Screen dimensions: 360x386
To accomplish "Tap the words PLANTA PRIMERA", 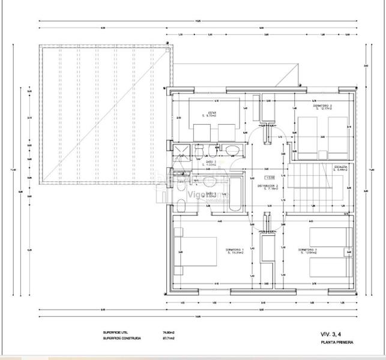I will (337, 343).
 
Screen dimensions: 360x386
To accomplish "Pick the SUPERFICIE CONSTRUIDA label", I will (122, 338).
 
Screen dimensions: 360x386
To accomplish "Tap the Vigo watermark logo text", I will (201, 194).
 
